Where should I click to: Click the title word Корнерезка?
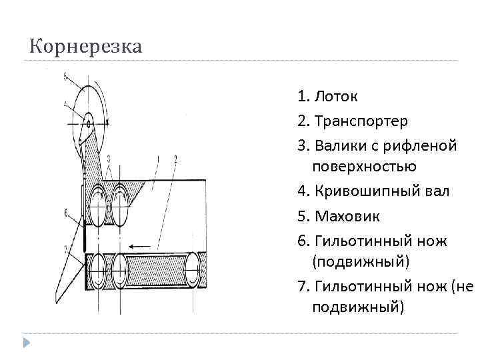(x=86, y=47)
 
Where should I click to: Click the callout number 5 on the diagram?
(x=65, y=76)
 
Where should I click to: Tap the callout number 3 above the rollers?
(x=109, y=158)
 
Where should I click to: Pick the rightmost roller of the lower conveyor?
(x=193, y=269)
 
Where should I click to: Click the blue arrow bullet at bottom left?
(x=27, y=344)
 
